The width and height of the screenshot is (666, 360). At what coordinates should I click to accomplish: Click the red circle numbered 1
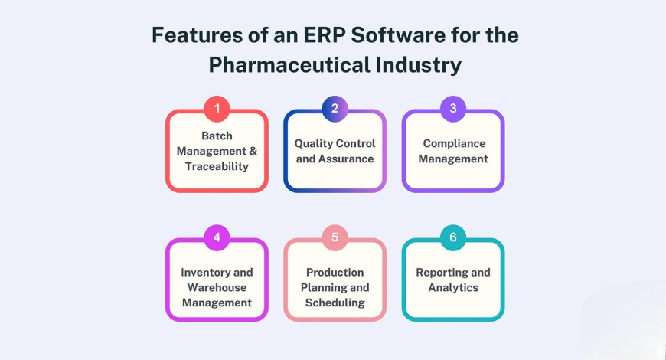(x=217, y=109)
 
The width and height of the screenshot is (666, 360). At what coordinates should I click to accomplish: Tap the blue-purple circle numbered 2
(x=335, y=109)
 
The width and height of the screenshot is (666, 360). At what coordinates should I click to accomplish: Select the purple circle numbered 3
(x=452, y=109)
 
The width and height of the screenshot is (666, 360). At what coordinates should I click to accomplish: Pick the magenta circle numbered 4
(x=217, y=237)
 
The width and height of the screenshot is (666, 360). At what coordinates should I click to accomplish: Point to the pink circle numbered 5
(x=335, y=237)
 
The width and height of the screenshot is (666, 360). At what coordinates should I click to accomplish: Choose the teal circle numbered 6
(x=452, y=237)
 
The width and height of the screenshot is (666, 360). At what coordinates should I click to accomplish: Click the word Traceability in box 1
(x=217, y=167)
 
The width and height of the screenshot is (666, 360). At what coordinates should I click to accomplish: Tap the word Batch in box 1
(x=217, y=136)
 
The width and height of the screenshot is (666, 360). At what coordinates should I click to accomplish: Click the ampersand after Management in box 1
(x=253, y=152)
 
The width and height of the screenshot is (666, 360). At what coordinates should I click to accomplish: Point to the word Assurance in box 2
(x=346, y=159)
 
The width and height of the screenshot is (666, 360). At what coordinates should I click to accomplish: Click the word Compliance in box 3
(x=454, y=144)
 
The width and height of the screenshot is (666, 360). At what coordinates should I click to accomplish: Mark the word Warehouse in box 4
(x=217, y=288)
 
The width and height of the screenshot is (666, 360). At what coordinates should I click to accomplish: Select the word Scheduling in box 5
(x=335, y=303)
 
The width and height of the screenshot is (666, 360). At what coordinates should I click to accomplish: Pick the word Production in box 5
(x=335, y=273)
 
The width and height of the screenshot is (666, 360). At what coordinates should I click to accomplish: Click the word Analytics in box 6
(x=453, y=288)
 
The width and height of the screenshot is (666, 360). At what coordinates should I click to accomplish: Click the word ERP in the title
(x=324, y=35)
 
